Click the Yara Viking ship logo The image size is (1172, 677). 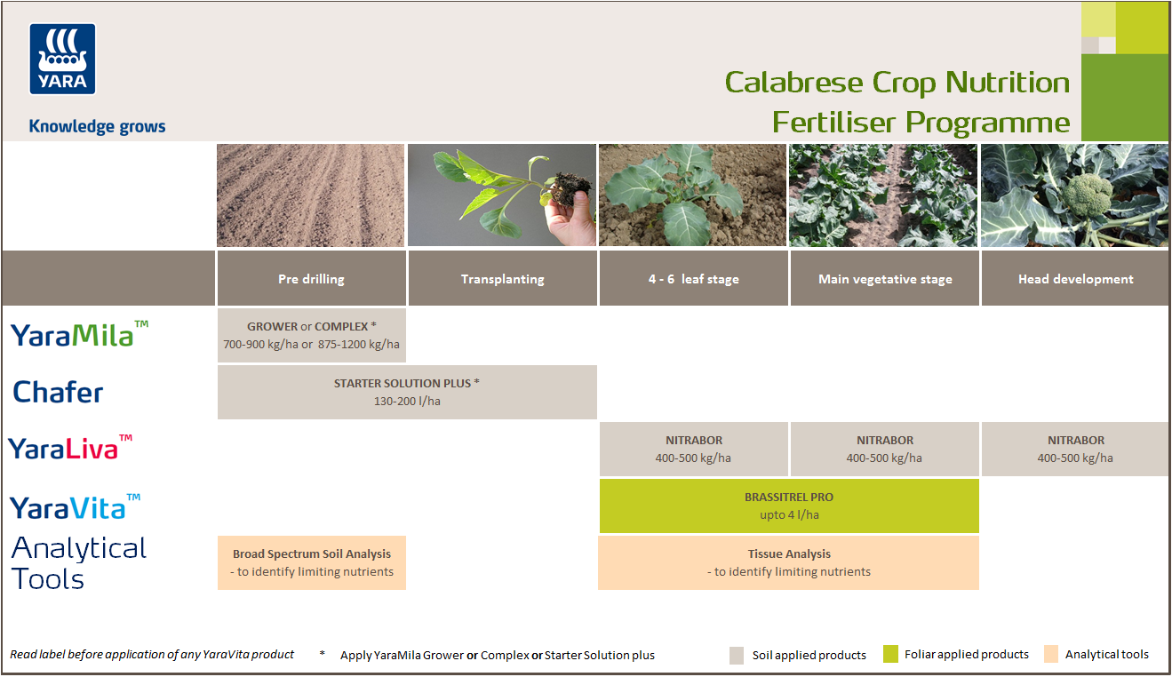(63, 59)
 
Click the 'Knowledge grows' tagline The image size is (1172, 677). (97, 126)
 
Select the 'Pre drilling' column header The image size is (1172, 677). (311, 279)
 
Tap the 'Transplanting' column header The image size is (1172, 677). (502, 279)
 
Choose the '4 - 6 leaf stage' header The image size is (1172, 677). (693, 279)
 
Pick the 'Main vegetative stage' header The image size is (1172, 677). (885, 279)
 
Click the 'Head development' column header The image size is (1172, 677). (1075, 279)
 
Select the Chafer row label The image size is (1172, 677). (59, 392)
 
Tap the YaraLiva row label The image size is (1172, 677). (70, 448)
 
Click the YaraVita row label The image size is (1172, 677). (75, 506)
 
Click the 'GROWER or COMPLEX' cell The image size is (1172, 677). (311, 335)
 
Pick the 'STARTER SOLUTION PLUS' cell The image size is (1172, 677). (407, 392)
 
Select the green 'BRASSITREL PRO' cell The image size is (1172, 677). (789, 506)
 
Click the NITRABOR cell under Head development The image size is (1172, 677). (1075, 449)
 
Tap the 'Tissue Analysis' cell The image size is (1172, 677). (789, 562)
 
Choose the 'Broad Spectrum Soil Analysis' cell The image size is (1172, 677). (311, 562)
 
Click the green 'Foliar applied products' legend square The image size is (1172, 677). (890, 655)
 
